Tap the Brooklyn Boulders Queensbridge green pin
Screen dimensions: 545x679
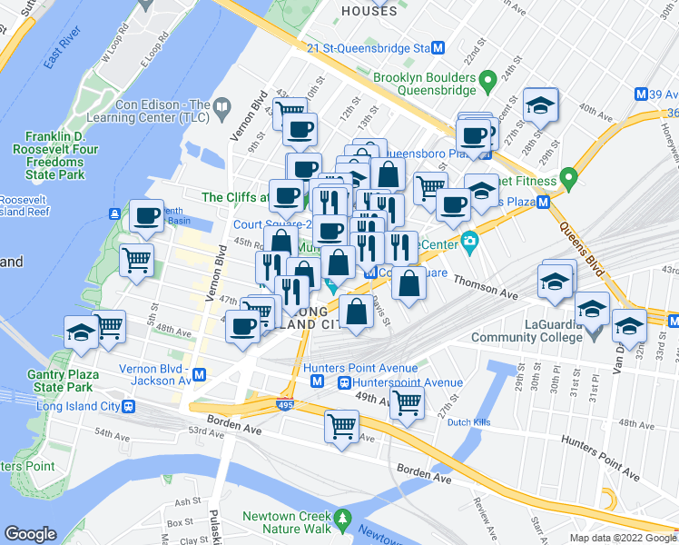pyautogui.click(x=487, y=80)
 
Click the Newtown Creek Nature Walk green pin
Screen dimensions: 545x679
pyautogui.click(x=342, y=519)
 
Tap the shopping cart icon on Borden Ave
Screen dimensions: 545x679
pyautogui.click(x=341, y=424)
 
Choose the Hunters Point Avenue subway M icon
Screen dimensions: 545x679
pyautogui.click(x=316, y=382)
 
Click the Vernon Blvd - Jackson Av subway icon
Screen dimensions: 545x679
pyautogui.click(x=199, y=374)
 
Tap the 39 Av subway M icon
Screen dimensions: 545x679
pyautogui.click(x=641, y=94)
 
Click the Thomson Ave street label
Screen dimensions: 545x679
pyautogui.click(x=484, y=286)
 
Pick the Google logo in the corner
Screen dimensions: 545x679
pyautogui.click(x=30, y=534)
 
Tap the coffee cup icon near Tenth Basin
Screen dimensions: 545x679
pyautogui.click(x=145, y=215)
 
